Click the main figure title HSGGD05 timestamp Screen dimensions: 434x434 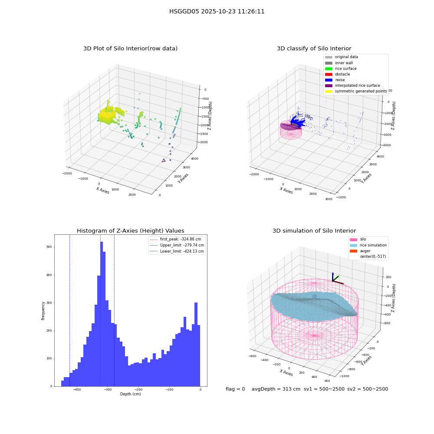point(217,11)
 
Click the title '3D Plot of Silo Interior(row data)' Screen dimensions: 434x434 point(130,49)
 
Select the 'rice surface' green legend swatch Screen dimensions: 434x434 point(329,69)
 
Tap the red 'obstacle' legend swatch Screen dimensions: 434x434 point(329,74)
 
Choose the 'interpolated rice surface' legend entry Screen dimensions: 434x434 point(352,85)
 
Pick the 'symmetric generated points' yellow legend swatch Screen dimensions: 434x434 point(329,91)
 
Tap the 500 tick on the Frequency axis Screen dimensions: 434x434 point(49,247)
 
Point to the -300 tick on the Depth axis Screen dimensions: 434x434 point(108,389)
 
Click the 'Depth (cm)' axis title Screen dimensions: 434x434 point(130,394)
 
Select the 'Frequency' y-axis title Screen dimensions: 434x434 point(43,311)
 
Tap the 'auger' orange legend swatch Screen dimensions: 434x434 point(353,251)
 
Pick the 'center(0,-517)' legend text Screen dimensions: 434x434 point(373,256)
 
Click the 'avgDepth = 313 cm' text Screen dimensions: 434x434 point(276,389)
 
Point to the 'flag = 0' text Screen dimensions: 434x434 point(235,389)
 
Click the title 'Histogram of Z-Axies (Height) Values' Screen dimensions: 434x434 point(130,231)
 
